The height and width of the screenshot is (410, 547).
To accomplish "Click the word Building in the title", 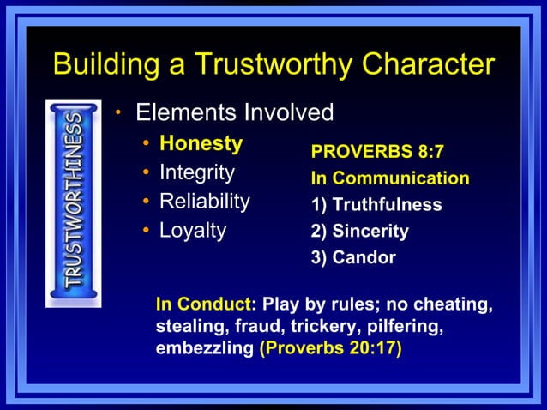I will point(104,64).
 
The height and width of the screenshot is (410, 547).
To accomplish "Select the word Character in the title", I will point(430,64).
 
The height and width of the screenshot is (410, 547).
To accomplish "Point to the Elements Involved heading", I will point(234,112).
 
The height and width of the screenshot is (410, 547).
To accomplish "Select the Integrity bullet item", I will point(196,172).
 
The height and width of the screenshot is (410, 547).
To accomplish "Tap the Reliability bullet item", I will point(204,202).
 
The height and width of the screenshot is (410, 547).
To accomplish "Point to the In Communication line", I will point(390,178).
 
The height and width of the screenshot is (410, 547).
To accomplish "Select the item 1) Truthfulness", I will point(376,205).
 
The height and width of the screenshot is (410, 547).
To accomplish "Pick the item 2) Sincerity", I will point(359,231).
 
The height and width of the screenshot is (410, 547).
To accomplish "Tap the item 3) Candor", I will point(353,257).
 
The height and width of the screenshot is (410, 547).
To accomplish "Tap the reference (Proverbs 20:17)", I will point(330,350).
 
